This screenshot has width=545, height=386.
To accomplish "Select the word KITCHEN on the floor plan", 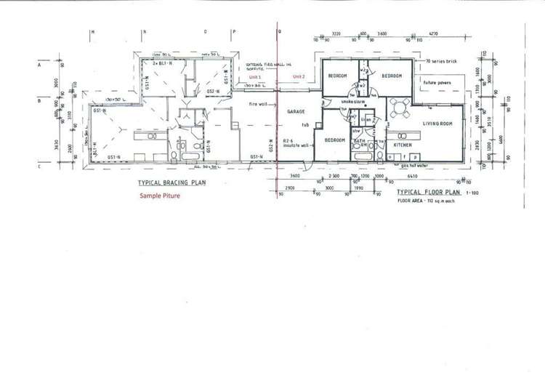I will click(403, 145).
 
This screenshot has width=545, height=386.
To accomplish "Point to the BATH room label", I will click(359, 140).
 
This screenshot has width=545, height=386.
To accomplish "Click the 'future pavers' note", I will click(437, 83).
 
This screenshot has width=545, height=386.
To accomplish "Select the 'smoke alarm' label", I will click(353, 102).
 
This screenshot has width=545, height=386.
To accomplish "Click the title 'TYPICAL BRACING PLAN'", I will click(168, 183).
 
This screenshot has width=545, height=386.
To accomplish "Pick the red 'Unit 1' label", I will click(254, 77).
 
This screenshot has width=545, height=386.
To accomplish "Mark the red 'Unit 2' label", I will click(299, 77).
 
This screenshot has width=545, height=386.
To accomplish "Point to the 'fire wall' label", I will click(259, 104).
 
